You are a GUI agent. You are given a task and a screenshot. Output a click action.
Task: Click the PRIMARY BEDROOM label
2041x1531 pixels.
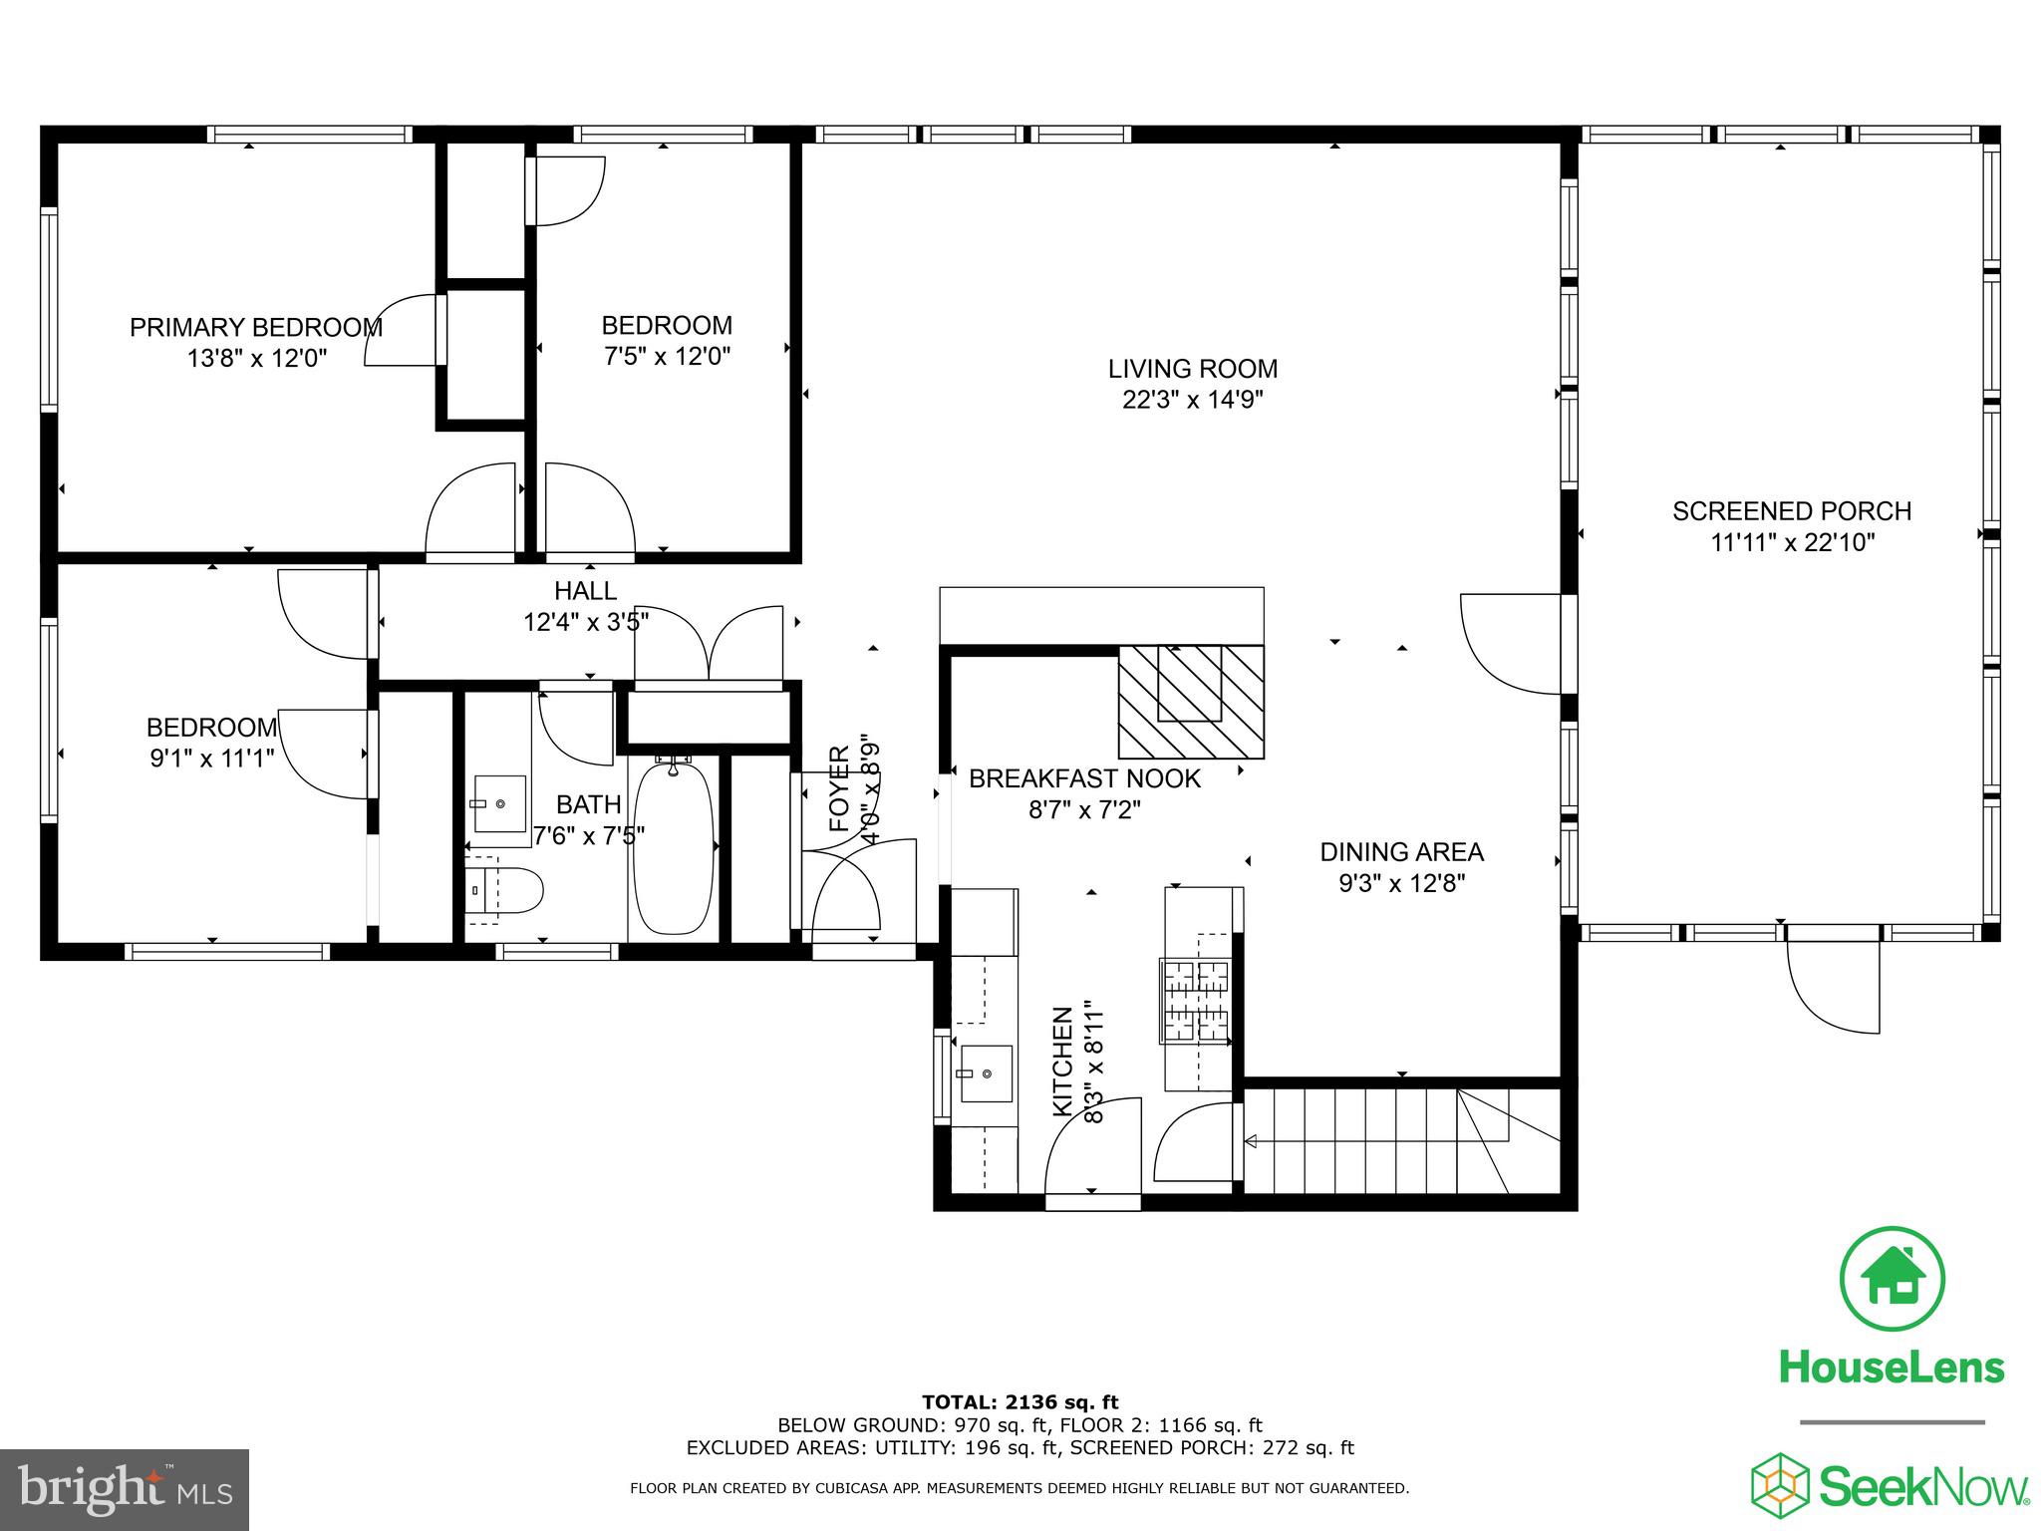tap(256, 328)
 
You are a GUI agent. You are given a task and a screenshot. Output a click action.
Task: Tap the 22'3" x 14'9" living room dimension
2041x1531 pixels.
tap(1192, 400)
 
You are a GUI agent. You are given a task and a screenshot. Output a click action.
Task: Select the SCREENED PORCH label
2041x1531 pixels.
tap(1791, 511)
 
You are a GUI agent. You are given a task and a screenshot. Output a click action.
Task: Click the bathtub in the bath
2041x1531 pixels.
tap(674, 847)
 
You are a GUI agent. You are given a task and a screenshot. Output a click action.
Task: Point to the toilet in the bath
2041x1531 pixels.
tap(506, 890)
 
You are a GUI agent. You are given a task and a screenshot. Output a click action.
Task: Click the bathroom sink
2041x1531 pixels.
tap(498, 803)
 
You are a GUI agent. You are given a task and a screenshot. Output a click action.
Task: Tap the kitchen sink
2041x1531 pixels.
tap(986, 1073)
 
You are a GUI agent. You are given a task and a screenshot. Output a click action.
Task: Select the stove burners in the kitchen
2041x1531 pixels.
tap(1196, 1001)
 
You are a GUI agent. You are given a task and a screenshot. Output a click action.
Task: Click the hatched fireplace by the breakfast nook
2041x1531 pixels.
tap(1191, 702)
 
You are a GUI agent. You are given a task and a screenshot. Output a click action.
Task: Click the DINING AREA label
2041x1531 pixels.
tap(1401, 852)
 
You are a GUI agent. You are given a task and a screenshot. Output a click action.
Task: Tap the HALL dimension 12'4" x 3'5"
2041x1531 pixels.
tap(586, 623)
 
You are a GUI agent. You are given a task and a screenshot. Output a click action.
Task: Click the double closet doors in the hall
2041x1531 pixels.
tap(709, 643)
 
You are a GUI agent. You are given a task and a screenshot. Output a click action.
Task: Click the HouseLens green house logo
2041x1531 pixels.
tap(1891, 1279)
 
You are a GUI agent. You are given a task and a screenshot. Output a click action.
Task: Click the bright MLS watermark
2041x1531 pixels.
tap(125, 1490)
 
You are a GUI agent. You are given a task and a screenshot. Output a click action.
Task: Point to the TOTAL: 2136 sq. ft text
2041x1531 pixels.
tap(1020, 1403)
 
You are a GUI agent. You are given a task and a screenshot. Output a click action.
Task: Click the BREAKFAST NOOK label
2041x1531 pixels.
tap(1084, 778)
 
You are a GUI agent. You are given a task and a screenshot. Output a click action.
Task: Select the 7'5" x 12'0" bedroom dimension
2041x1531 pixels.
tap(667, 356)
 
